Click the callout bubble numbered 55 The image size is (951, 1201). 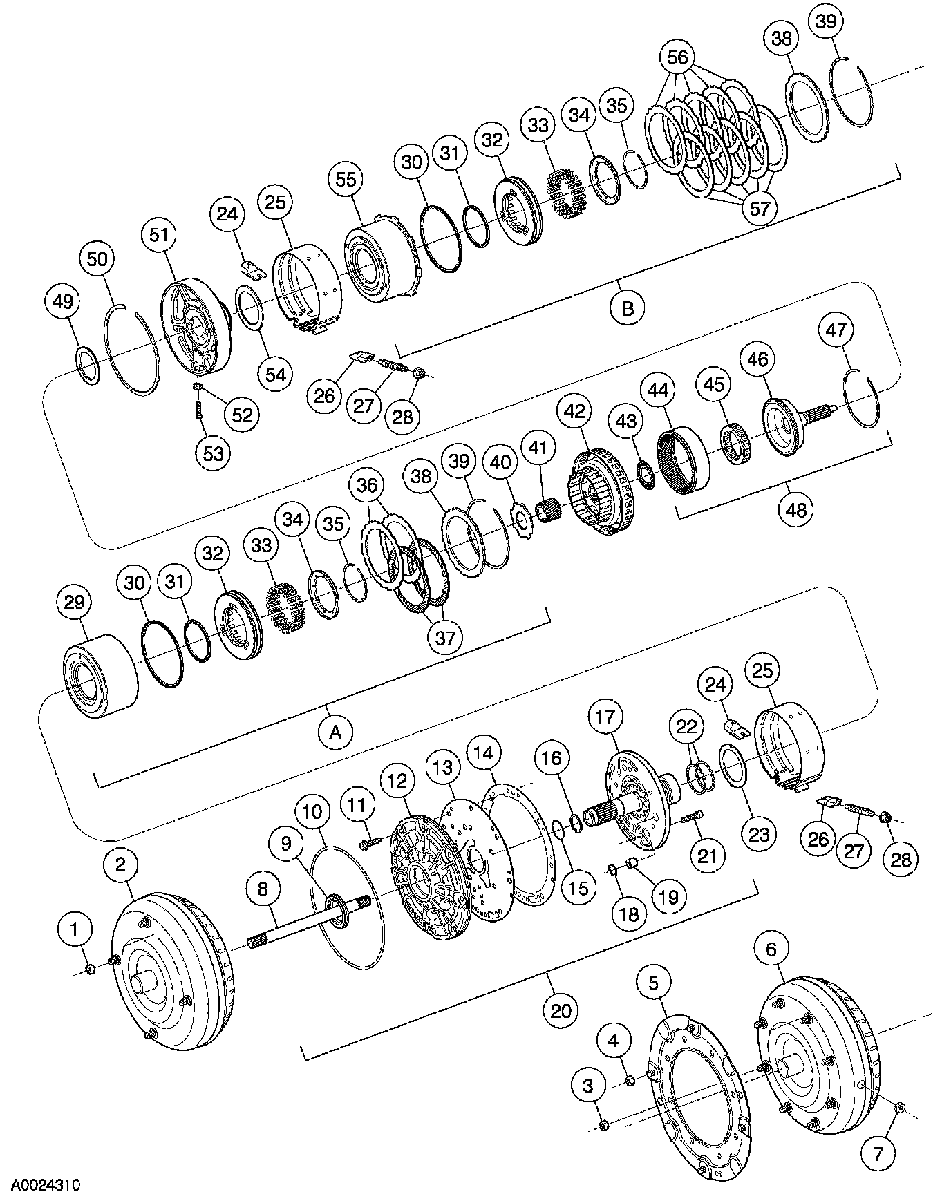pos(346,180)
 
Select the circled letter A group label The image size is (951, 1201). pos(336,731)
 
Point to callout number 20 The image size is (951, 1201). pos(561,1011)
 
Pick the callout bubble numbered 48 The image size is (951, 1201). pos(796,509)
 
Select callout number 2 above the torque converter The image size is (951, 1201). pos(121,864)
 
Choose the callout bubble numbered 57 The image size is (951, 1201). pos(759,207)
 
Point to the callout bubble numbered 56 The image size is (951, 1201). pos(677,57)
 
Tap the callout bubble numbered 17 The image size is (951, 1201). pos(605,717)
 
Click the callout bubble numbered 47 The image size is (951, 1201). pos(836,330)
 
